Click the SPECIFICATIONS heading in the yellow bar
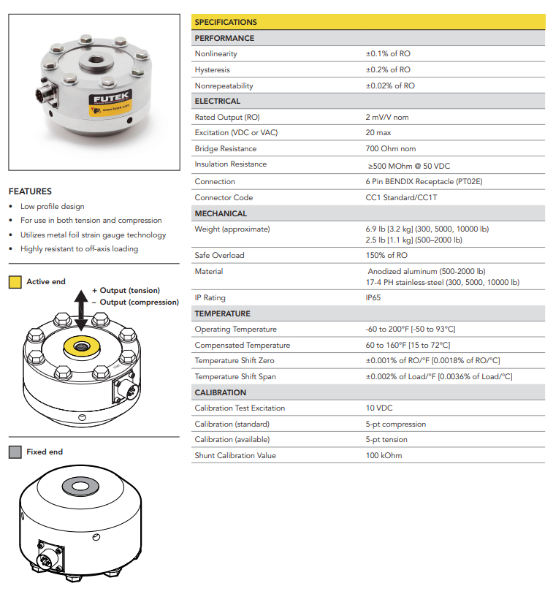pyautogui.click(x=226, y=23)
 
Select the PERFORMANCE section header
pyautogui.click(x=224, y=38)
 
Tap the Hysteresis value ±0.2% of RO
pyautogui.click(x=388, y=69)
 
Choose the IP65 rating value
pyautogui.click(x=373, y=297)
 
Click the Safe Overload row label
pyautogui.click(x=219, y=255)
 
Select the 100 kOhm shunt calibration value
pyautogui.click(x=384, y=455)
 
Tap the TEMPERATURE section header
pyautogui.click(x=222, y=313)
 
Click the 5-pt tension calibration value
pyautogui.click(x=386, y=439)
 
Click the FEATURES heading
pyautogui.click(x=30, y=191)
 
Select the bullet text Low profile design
pyautogui.click(x=52, y=207)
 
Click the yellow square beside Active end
pyautogui.click(x=15, y=282)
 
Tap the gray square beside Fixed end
pyautogui.click(x=15, y=452)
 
